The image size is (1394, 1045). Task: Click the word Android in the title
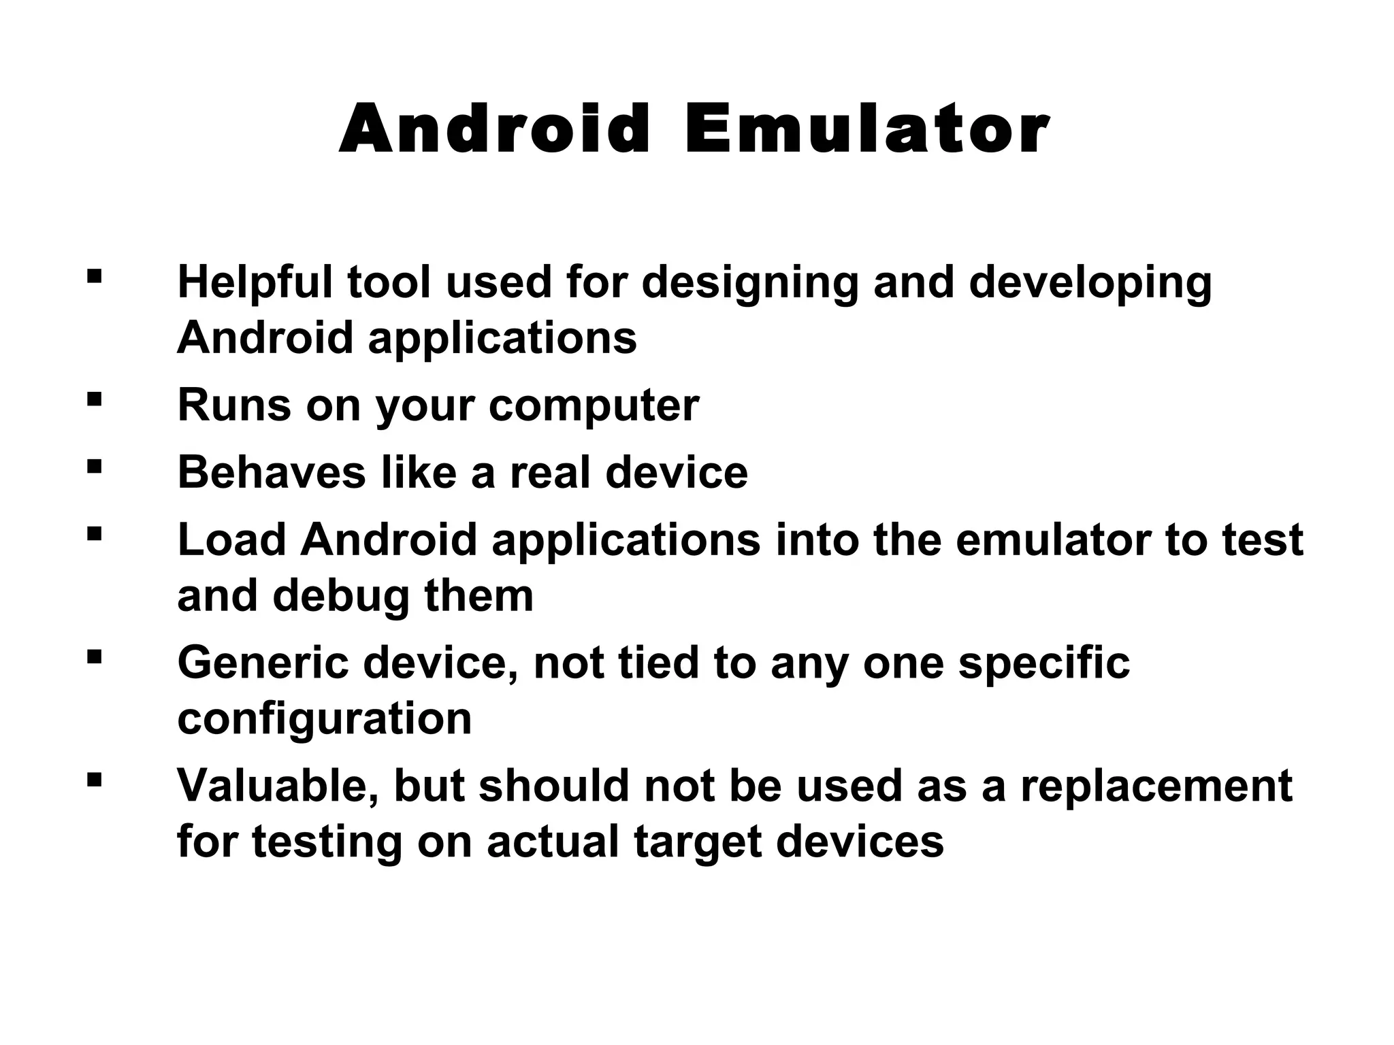click(495, 129)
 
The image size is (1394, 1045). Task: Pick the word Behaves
click(272, 472)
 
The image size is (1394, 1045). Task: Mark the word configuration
click(324, 719)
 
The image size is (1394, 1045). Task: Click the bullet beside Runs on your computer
click(95, 398)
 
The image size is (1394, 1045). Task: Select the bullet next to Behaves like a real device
click(95, 466)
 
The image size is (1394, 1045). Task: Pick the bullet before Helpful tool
click(95, 276)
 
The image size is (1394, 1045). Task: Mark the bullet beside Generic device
click(95, 657)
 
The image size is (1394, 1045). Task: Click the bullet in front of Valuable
click(95, 779)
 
